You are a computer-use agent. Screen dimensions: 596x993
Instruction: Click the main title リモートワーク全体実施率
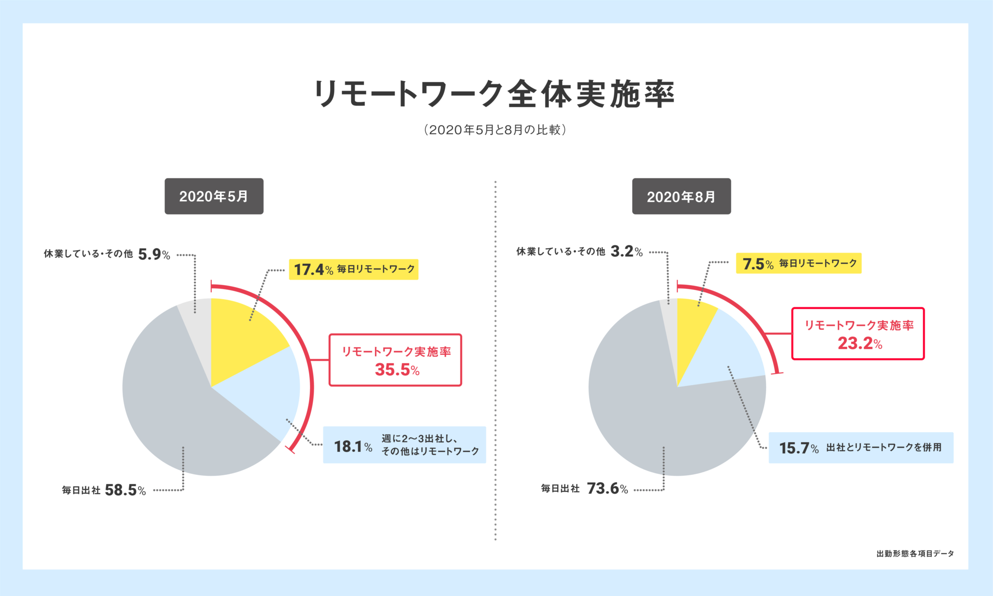click(x=495, y=94)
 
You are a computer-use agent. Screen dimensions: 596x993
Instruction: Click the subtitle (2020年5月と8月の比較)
click(x=495, y=130)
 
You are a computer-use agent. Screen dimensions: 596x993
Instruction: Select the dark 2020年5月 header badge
click(x=214, y=196)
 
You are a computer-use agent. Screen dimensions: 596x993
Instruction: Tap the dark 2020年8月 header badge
click(x=681, y=196)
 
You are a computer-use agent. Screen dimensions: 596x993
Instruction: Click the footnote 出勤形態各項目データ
click(x=915, y=553)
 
